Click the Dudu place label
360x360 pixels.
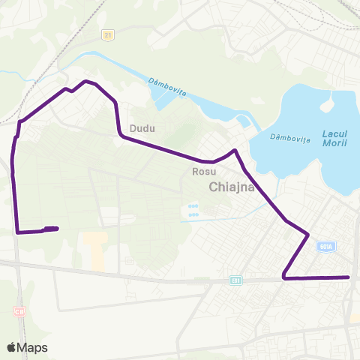(x=142, y=128)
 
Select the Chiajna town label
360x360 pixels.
(x=232, y=187)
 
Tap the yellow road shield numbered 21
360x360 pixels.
(x=109, y=34)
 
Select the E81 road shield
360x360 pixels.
(x=236, y=280)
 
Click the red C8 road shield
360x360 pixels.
(x=19, y=310)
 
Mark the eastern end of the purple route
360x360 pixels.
(x=349, y=277)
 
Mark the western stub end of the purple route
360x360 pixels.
(x=57, y=228)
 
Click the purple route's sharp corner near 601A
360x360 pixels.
(x=308, y=235)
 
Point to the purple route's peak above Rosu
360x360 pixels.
(x=235, y=151)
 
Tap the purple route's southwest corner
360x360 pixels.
(x=17, y=232)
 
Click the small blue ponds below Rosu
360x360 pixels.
(x=193, y=210)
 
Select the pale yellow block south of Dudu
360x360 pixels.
(x=94, y=250)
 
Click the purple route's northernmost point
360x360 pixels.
(x=87, y=81)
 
